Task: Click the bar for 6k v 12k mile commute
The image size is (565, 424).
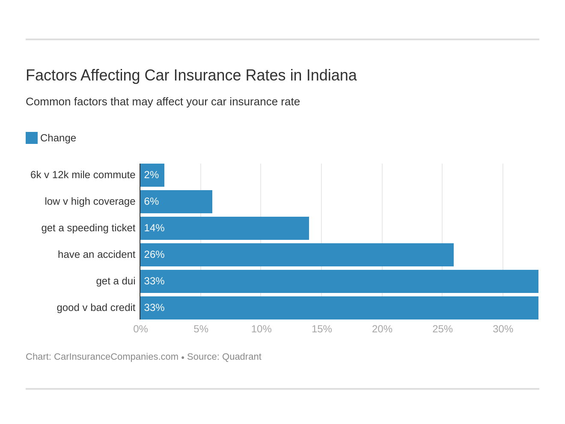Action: click(152, 175)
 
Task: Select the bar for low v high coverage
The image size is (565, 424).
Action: click(176, 202)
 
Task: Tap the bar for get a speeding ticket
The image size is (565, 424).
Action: click(225, 228)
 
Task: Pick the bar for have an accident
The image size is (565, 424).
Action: click(297, 255)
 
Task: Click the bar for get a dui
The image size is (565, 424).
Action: click(339, 281)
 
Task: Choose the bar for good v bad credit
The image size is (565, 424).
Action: click(339, 308)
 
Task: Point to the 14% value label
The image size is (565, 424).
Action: click(154, 228)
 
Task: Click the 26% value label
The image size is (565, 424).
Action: click(154, 255)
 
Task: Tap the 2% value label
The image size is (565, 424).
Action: click(152, 175)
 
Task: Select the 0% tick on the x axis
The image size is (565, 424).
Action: click(140, 329)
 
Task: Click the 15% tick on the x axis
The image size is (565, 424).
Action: click(321, 329)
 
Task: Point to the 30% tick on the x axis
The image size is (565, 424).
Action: click(503, 329)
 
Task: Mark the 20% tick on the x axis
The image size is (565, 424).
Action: click(382, 329)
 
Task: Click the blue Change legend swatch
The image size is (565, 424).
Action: click(32, 138)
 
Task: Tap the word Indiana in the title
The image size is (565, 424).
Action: click(331, 75)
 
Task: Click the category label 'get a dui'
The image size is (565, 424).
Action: click(116, 281)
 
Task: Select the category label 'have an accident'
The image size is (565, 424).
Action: click(96, 255)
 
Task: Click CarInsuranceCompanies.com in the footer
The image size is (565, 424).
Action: click(116, 357)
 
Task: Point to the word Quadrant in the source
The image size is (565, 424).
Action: click(241, 357)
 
